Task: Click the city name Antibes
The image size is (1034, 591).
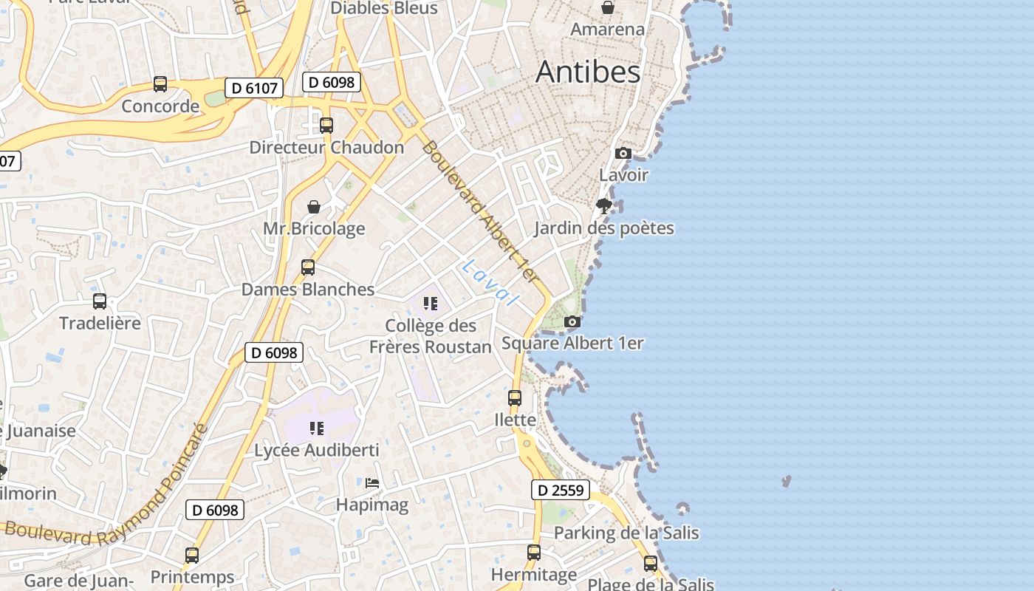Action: point(588,72)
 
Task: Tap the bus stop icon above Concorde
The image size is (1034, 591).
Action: point(160,84)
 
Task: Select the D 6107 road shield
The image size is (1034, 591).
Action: point(254,89)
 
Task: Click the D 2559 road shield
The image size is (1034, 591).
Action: point(561,490)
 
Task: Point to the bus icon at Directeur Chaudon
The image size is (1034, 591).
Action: point(326,126)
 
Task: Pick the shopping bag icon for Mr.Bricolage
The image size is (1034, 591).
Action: point(314,207)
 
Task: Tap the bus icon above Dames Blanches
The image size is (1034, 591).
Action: point(308,267)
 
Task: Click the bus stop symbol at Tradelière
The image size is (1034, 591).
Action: point(100,301)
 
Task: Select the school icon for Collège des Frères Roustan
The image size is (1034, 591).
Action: point(431,303)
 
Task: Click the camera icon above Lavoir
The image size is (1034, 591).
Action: point(623,154)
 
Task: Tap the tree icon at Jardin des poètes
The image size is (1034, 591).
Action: point(604,205)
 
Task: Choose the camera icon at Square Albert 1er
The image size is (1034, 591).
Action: point(572,322)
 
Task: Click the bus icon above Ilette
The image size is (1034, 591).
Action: point(515,398)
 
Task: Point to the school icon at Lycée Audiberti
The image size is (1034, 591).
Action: point(317,428)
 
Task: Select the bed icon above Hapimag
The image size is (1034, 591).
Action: point(372,483)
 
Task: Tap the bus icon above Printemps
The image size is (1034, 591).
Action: point(192,555)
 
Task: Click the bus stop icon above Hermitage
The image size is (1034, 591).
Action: point(534,553)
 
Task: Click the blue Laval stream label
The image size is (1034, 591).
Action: point(490,282)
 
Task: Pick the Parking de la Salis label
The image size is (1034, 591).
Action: point(626,533)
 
